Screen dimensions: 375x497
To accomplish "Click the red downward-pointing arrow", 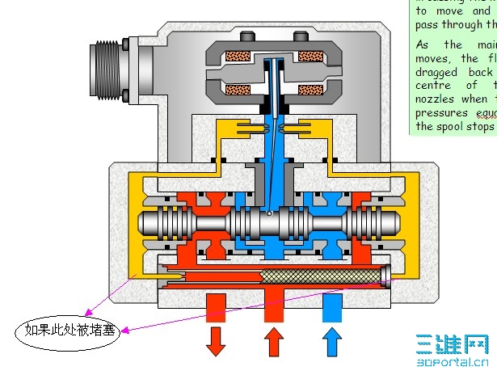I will click(x=216, y=339).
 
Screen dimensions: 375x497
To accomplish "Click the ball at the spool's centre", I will click(x=267, y=215).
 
